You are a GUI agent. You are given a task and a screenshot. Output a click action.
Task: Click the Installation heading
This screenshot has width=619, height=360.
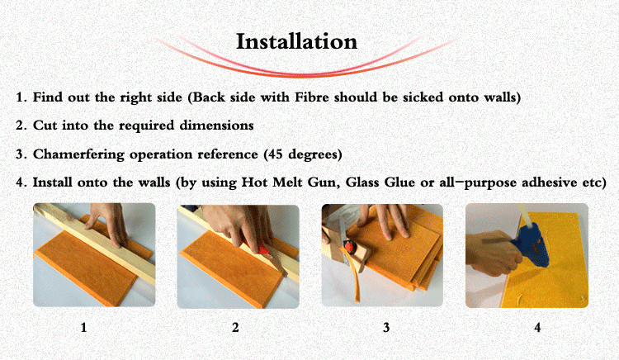click(x=296, y=41)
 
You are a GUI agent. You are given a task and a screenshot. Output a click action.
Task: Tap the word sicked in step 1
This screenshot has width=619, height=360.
click(x=423, y=97)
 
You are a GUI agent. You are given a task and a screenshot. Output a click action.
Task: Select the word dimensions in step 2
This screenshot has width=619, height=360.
click(x=216, y=126)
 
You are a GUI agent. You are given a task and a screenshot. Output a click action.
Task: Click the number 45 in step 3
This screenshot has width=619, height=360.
click(x=276, y=154)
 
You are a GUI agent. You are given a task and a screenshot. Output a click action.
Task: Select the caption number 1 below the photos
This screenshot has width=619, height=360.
click(x=83, y=327)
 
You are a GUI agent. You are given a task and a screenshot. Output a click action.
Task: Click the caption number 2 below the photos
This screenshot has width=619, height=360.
click(x=235, y=327)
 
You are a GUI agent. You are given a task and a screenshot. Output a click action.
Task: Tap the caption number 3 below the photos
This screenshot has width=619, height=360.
click(x=386, y=327)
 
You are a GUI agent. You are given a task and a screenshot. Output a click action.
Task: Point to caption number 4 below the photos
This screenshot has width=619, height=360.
click(x=537, y=327)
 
